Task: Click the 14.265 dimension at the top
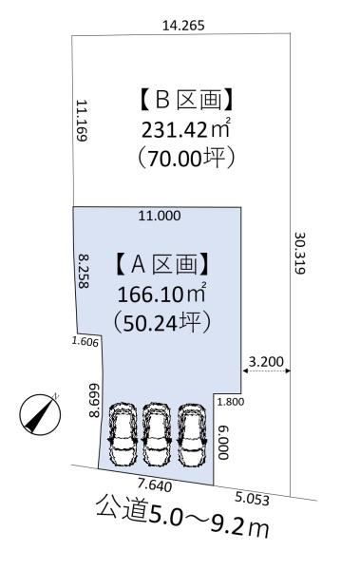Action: (x=183, y=26)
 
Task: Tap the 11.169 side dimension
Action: (x=82, y=121)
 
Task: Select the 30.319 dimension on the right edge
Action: (x=299, y=253)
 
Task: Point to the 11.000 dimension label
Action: (x=160, y=216)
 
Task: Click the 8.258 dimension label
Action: (x=84, y=271)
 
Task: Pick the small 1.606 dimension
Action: (x=85, y=342)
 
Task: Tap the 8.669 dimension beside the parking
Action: (x=94, y=400)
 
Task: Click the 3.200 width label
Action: (x=266, y=361)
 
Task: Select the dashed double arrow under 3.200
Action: (x=267, y=370)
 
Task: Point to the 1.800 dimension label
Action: (x=231, y=402)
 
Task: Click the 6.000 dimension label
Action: (x=223, y=443)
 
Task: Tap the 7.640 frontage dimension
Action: (x=155, y=484)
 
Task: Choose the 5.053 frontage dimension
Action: (x=252, y=499)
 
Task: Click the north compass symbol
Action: (x=40, y=414)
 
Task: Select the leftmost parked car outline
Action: (x=123, y=434)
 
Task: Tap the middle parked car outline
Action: (x=157, y=434)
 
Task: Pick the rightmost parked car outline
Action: (x=192, y=434)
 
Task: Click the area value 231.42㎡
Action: (x=186, y=129)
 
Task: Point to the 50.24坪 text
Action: (x=162, y=323)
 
